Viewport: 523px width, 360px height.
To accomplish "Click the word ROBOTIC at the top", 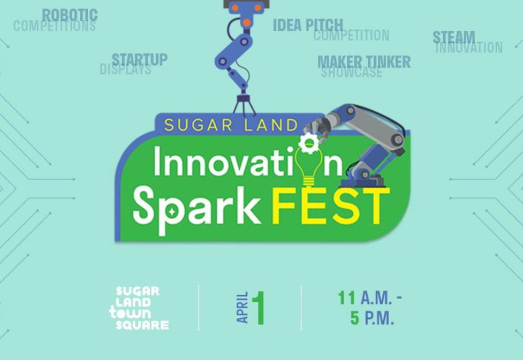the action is pyautogui.click(x=70, y=14).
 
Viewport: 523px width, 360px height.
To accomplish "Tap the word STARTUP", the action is pyautogui.click(x=139, y=59).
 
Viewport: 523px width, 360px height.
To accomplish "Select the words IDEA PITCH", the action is pyautogui.click(x=308, y=25).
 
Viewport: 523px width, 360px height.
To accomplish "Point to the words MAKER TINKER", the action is pyautogui.click(x=364, y=62).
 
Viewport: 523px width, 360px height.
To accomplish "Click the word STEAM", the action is pyautogui.click(x=454, y=37).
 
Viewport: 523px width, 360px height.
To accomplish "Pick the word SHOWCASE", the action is pyautogui.click(x=352, y=72).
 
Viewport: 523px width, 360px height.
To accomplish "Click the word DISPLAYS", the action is pyautogui.click(x=125, y=69).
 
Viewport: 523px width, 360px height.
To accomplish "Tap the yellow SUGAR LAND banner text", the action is pyautogui.click(x=231, y=125).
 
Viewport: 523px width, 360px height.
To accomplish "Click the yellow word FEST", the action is pyautogui.click(x=330, y=206).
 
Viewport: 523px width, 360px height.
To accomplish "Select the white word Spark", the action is pyautogui.click(x=197, y=209).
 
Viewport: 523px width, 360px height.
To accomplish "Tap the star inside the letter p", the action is pyautogui.click(x=172, y=211).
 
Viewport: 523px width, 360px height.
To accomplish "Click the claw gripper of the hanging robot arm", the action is pyautogui.click(x=244, y=104).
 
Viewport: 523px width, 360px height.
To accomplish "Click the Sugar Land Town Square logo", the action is pyautogui.click(x=139, y=308).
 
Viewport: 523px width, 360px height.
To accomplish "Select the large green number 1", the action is pyautogui.click(x=258, y=308).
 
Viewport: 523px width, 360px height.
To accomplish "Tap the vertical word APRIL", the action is pyautogui.click(x=242, y=308).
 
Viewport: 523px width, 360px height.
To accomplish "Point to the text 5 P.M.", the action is pyautogui.click(x=372, y=318).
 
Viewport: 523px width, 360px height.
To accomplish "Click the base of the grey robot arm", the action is pyautogui.click(x=362, y=180).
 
